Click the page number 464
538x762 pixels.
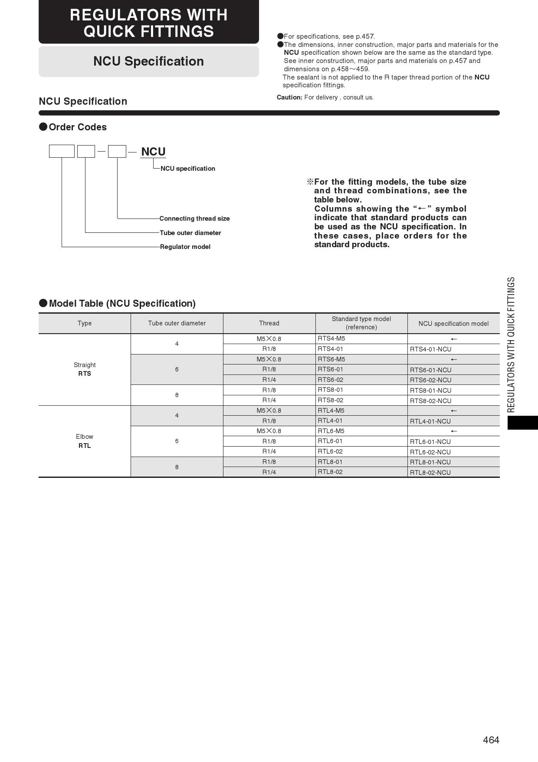pyautogui.click(x=491, y=740)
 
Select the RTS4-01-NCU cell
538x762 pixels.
pyautogui.click(x=430, y=349)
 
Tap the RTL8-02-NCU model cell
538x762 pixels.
pyautogui.click(x=430, y=473)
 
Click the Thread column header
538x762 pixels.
pyautogui.click(x=269, y=323)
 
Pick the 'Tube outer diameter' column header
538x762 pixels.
pyautogui.click(x=177, y=323)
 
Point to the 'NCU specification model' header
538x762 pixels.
pyautogui.click(x=453, y=324)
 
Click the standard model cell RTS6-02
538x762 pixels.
pyautogui.click(x=330, y=380)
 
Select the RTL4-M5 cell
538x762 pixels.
pyautogui.click(x=331, y=411)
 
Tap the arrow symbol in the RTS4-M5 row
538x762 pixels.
pyautogui.click(x=454, y=339)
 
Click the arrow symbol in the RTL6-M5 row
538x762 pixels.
pyautogui.click(x=454, y=431)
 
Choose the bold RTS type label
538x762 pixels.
pyautogui.click(x=85, y=374)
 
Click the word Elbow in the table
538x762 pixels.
pyautogui.click(x=85, y=437)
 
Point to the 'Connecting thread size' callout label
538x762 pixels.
pyautogui.click(x=194, y=219)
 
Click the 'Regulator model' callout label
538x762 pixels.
pyautogui.click(x=185, y=247)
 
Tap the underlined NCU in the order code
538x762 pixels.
pyautogui.click(x=153, y=152)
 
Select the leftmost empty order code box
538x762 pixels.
pyautogui.click(x=62, y=151)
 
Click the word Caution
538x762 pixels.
pyautogui.click(x=289, y=97)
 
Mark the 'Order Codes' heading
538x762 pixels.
pyautogui.click(x=78, y=127)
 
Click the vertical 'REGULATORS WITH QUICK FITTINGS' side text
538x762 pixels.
pyautogui.click(x=511, y=345)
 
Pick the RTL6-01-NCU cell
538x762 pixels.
pyautogui.click(x=430, y=442)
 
